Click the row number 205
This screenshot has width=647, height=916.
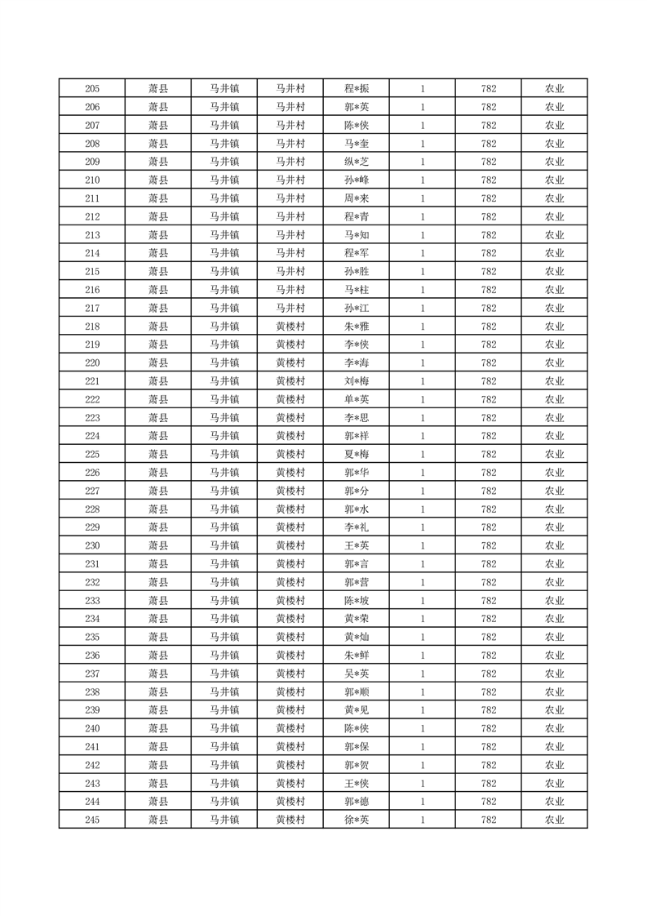tap(92, 89)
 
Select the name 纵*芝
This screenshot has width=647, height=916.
tap(357, 162)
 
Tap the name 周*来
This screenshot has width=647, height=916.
tap(357, 198)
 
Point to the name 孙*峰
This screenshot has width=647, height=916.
tap(357, 180)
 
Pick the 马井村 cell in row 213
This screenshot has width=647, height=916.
tap(290, 235)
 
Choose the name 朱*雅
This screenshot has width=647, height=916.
tap(357, 327)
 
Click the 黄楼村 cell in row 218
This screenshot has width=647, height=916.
tap(290, 327)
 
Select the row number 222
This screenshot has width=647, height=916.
tap(92, 399)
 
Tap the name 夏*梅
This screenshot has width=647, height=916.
tap(357, 455)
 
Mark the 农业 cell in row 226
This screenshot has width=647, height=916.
tap(555, 473)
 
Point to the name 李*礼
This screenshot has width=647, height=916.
tap(357, 527)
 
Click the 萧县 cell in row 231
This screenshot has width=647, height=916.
tap(158, 564)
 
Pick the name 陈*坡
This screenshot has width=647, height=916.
tap(357, 601)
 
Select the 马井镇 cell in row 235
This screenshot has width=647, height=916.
tap(224, 638)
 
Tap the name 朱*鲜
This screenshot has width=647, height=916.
tap(357, 656)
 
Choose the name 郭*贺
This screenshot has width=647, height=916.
tap(357, 765)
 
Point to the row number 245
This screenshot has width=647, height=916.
tap(92, 820)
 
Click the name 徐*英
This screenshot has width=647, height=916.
tap(357, 820)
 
